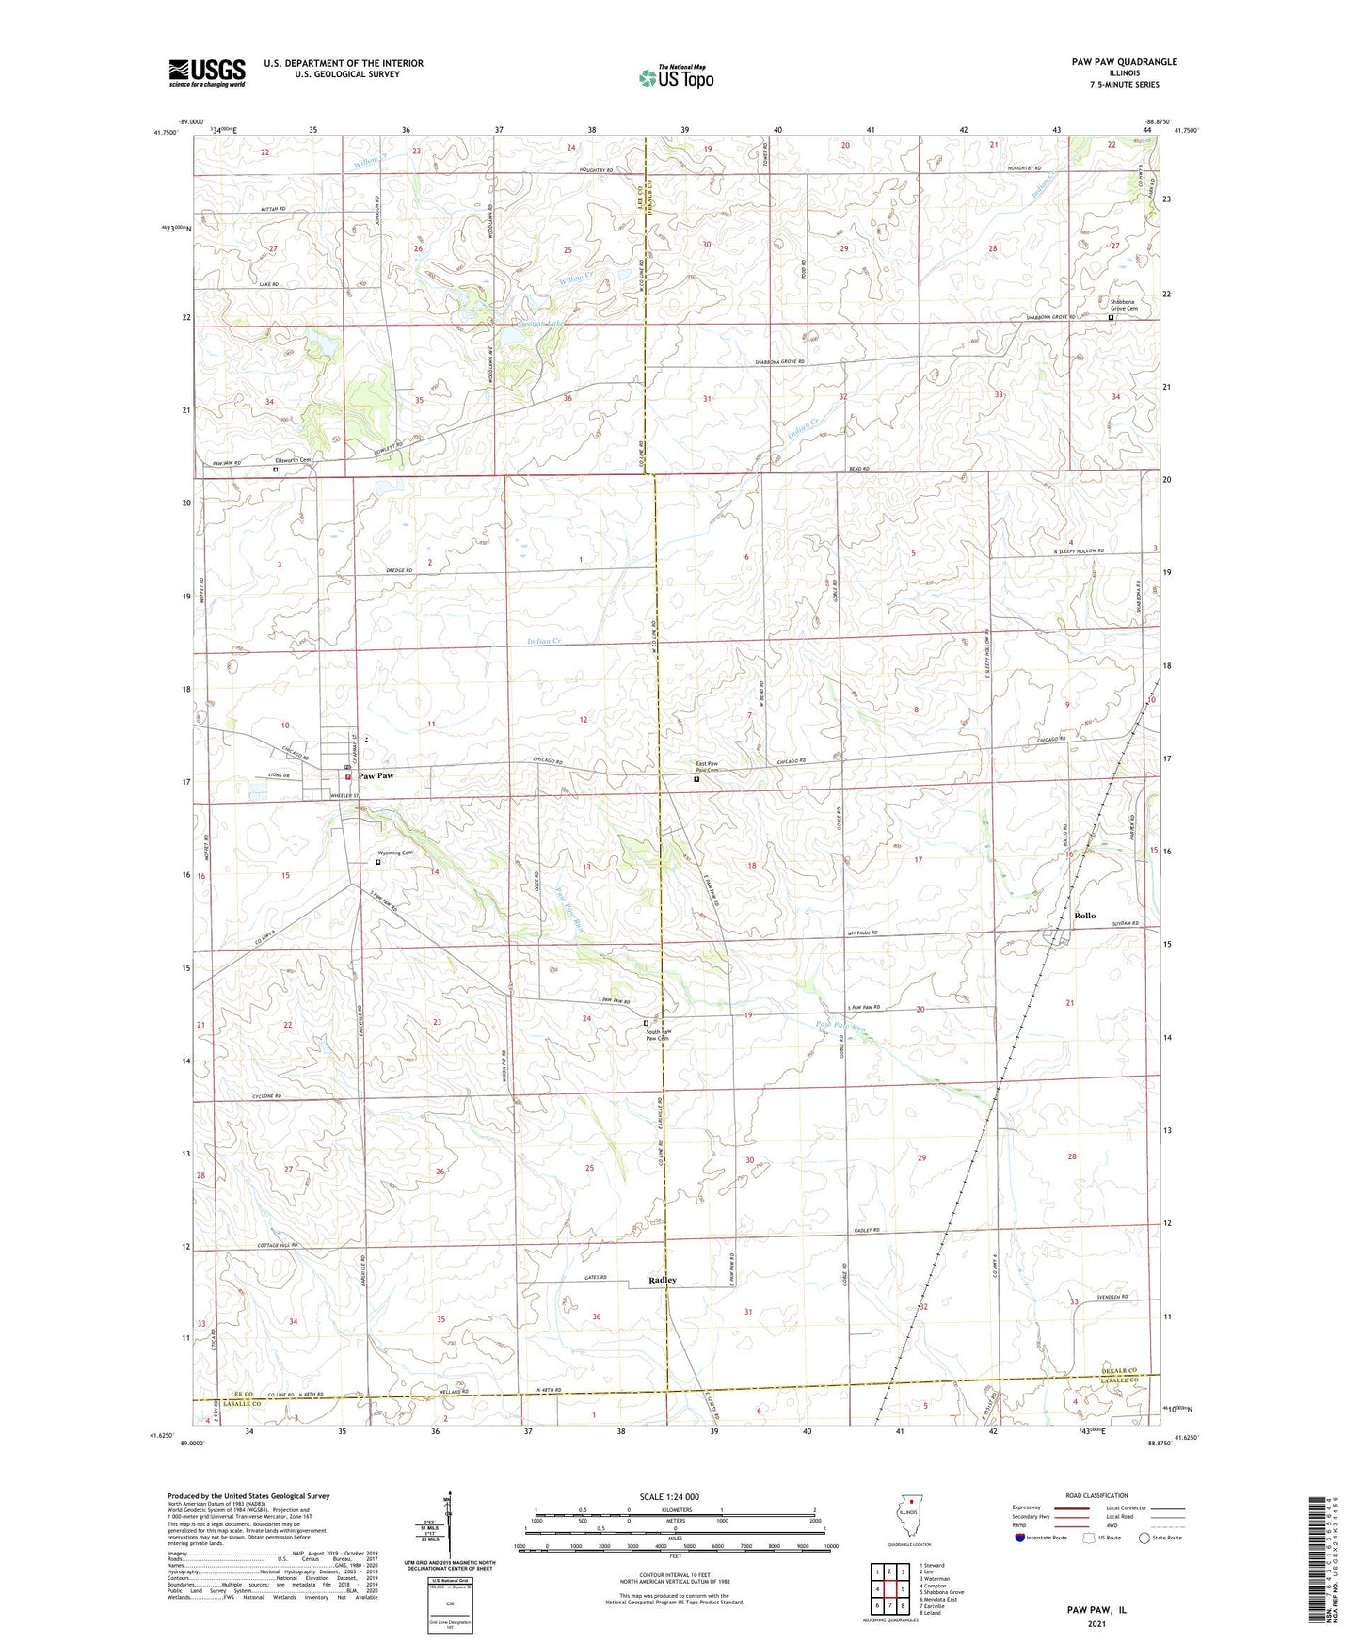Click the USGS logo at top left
pyautogui.click(x=206, y=72)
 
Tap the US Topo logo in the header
pyautogui.click(x=676, y=76)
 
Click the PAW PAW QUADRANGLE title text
pyautogui.click(x=1124, y=62)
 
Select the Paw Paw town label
pyautogui.click(x=376, y=776)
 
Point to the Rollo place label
pyautogui.click(x=1084, y=916)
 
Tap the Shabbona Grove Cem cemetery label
pyautogui.click(x=1124, y=306)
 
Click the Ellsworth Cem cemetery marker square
pyautogui.click(x=276, y=469)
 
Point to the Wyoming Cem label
pyautogui.click(x=395, y=853)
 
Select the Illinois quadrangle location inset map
pyautogui.click(x=908, y=1517)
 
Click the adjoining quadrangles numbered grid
pyautogui.click(x=889, y=1589)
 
